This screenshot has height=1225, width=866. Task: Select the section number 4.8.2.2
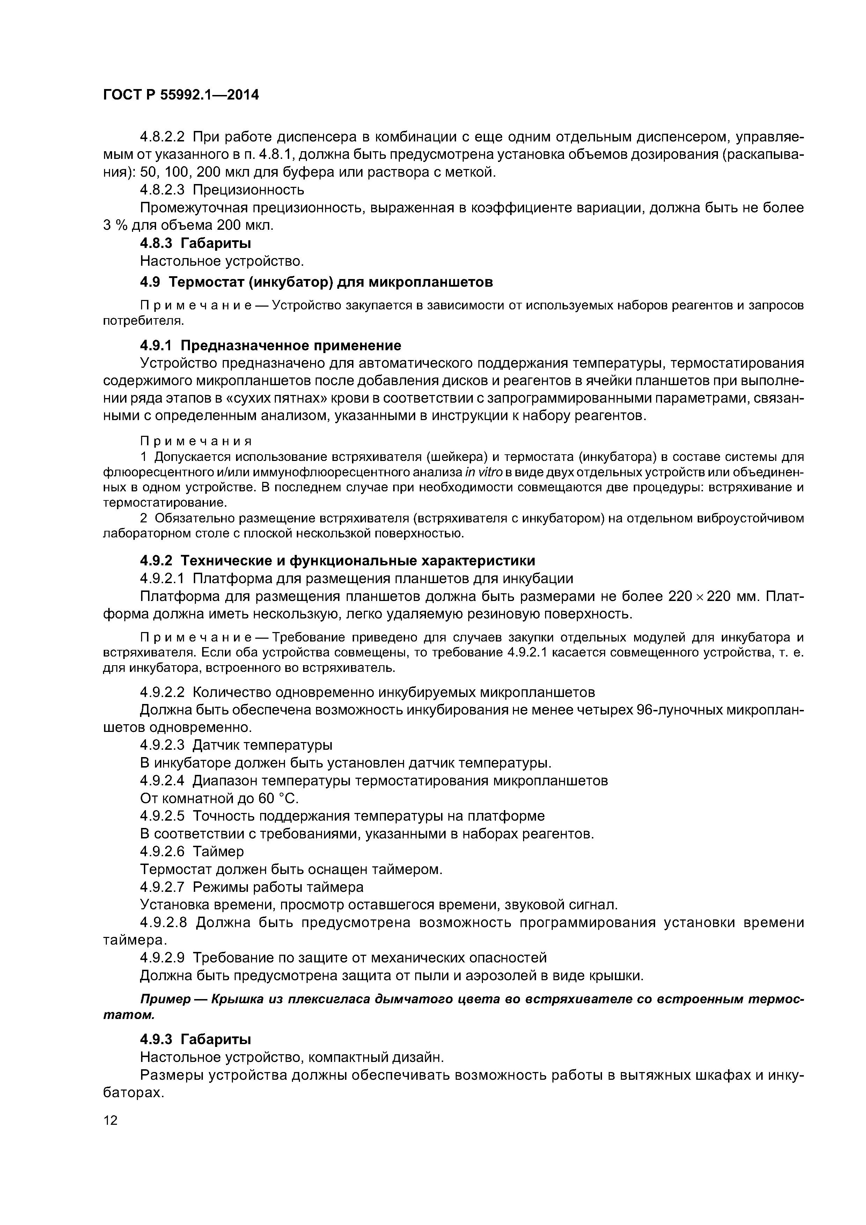tap(162, 137)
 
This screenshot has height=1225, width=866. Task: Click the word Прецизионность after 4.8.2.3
tap(248, 190)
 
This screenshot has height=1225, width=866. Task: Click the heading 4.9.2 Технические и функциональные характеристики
tap(337, 561)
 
